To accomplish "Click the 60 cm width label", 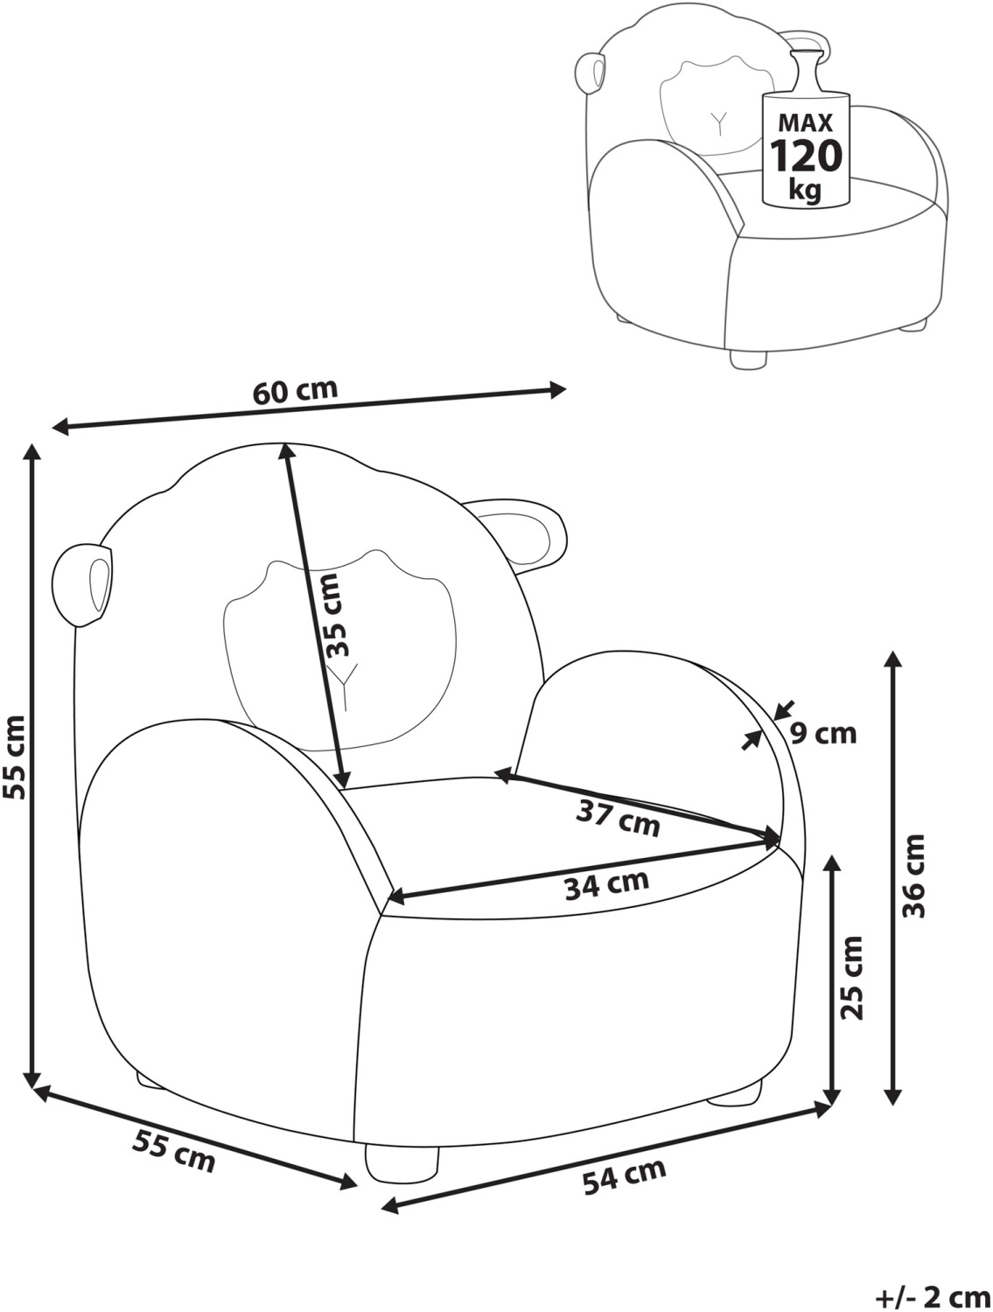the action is (x=296, y=392).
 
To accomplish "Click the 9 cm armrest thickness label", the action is (x=823, y=733).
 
